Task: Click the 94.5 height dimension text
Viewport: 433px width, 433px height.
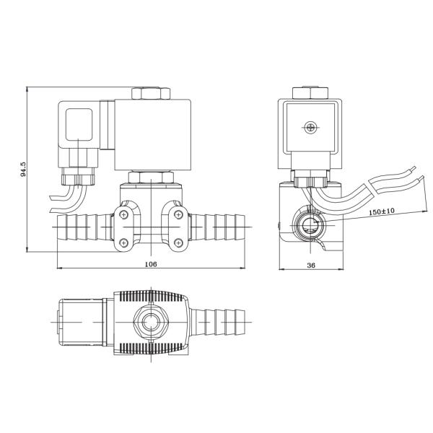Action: click(24, 169)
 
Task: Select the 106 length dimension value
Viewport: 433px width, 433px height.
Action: click(151, 264)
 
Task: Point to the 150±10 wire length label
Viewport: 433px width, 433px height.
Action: click(382, 212)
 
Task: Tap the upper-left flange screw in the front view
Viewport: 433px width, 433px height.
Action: click(125, 214)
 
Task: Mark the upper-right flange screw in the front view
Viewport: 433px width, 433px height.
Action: click(179, 214)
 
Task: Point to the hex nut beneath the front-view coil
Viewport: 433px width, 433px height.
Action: click(150, 177)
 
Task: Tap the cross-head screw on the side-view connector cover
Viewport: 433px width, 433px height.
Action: click(311, 128)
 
